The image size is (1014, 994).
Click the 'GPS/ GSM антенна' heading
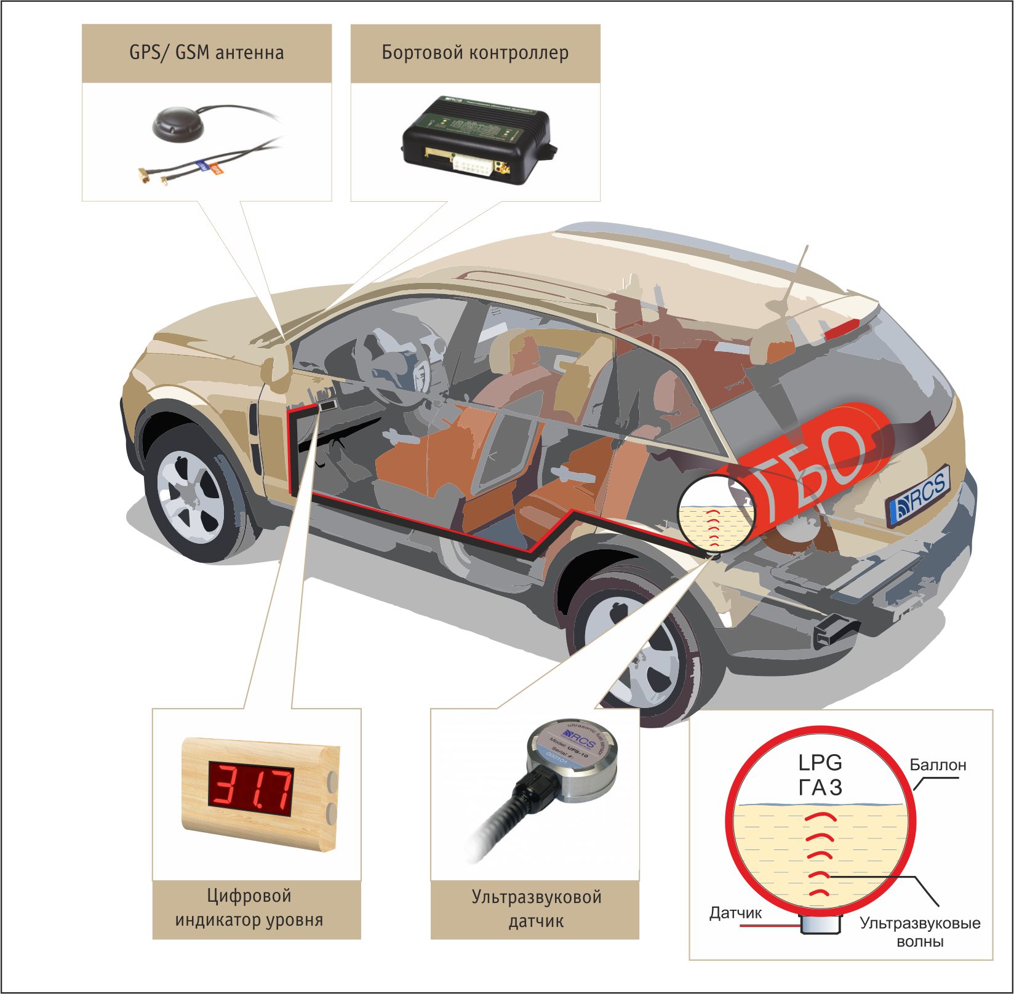pyautogui.click(x=207, y=52)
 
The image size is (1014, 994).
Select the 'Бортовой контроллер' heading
pyautogui.click(x=475, y=52)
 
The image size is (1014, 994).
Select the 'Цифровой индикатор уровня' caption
pyautogui.click(x=249, y=907)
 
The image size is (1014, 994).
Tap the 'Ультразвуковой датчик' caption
pyautogui.click(x=536, y=908)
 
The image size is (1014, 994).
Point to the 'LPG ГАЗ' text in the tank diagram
pyautogui.click(x=820, y=775)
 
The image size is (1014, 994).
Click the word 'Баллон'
pyautogui.click(x=938, y=765)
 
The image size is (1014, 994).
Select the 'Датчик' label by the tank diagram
pyautogui.click(x=735, y=913)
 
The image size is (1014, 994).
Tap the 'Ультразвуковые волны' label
pyautogui.click(x=920, y=932)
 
